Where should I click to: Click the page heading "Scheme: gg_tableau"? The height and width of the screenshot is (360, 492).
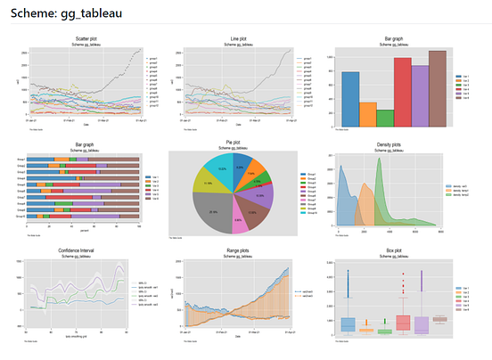pyautogui.click(x=67, y=14)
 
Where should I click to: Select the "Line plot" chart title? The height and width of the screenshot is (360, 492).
pyautogui.click(x=234, y=39)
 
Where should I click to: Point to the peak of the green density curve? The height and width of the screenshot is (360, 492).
pyautogui.click(x=381, y=162)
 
